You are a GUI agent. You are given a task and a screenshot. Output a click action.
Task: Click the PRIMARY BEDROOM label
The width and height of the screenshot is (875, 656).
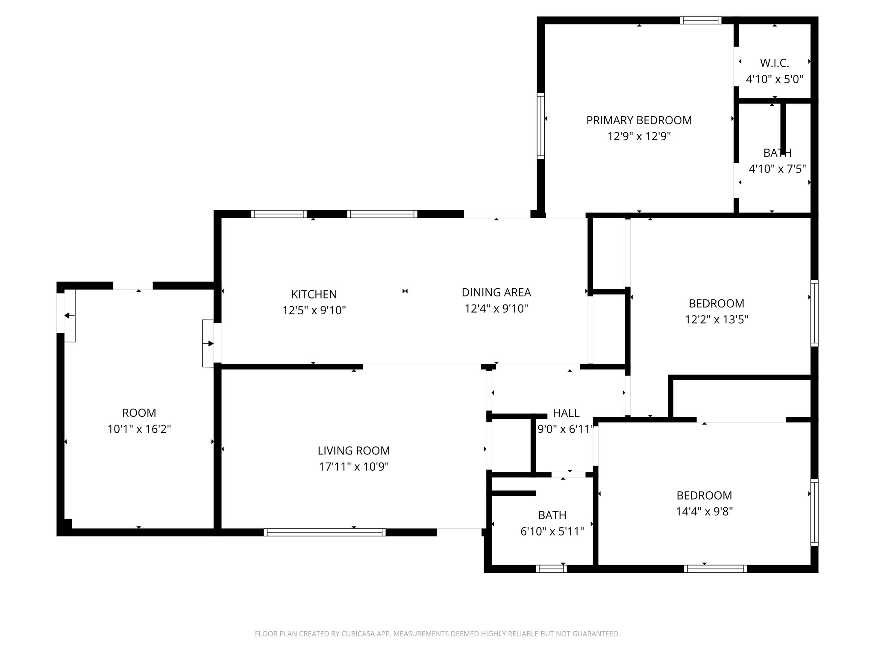coord(639,120)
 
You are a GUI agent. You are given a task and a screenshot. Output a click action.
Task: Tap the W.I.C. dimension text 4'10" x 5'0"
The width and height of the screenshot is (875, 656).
coord(775,79)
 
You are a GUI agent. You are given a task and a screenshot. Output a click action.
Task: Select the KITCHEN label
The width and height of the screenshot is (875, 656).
coord(314,294)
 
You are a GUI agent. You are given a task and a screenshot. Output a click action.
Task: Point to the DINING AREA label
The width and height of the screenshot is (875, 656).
coord(496,293)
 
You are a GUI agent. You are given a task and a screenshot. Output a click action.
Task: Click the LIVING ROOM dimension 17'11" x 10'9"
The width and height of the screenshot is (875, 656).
coord(354,467)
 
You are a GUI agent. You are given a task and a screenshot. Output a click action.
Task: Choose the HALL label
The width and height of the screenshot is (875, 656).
coord(566,413)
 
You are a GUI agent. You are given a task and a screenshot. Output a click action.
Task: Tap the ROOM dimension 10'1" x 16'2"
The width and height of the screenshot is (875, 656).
coord(139,429)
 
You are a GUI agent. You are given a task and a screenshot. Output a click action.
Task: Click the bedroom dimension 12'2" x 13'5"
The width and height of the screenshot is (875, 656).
coord(716,319)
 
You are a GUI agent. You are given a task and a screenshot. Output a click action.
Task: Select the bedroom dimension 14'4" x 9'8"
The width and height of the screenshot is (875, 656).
coord(704,512)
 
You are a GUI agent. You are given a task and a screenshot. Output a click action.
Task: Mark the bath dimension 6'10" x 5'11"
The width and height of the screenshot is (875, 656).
coord(552,532)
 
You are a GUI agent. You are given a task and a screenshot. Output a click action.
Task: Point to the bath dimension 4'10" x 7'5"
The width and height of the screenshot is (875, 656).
coord(777,169)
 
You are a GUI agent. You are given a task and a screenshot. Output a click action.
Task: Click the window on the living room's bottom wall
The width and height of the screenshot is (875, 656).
coord(325,532)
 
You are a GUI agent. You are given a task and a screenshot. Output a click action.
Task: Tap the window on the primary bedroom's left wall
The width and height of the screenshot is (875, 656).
coord(541,126)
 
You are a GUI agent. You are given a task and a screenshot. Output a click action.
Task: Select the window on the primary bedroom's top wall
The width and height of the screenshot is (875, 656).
coord(700,20)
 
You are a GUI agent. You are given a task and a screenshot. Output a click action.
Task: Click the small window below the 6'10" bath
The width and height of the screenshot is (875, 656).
coord(551,569)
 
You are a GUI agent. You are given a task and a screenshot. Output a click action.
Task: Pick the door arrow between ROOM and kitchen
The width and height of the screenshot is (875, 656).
coord(209,343)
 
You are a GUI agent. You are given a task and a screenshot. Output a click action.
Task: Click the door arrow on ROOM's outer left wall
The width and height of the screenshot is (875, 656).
coord(68,316)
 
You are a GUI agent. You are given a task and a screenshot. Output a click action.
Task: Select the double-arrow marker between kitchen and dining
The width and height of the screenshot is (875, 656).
coord(405,291)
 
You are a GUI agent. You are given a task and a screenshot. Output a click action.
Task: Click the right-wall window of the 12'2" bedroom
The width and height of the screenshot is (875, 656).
coord(814,313)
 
